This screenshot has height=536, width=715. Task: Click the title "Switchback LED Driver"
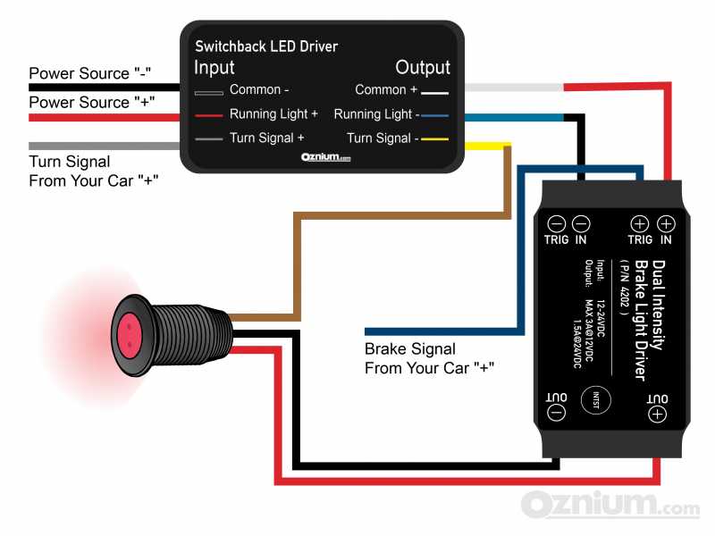click(266, 46)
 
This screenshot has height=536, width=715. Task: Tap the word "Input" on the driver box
click(214, 68)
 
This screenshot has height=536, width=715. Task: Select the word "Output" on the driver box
click(423, 68)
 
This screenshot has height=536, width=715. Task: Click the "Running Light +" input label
click(273, 114)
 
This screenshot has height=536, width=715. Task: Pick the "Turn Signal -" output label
click(383, 138)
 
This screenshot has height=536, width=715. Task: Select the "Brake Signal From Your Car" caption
click(430, 357)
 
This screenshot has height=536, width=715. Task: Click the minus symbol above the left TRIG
click(556, 224)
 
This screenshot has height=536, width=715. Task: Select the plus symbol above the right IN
click(665, 224)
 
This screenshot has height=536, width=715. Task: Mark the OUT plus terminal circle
click(657, 413)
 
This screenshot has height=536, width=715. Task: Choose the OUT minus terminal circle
click(555, 413)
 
